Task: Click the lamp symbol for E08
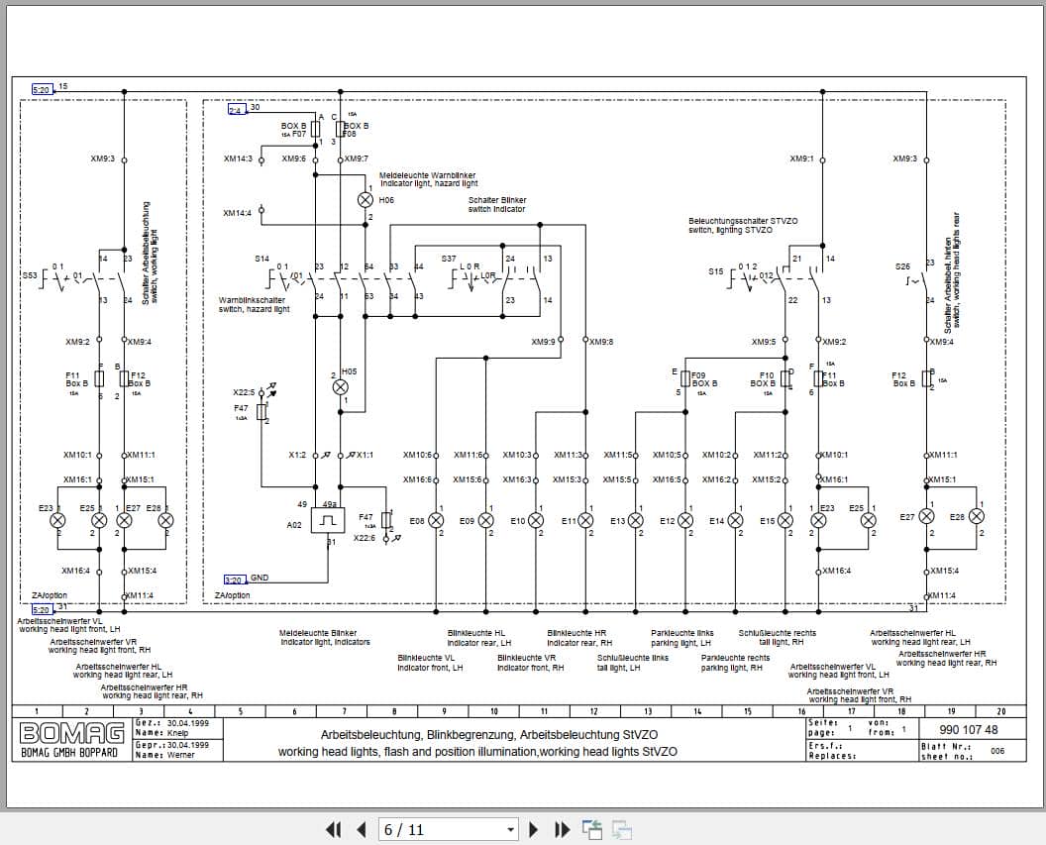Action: pyautogui.click(x=436, y=520)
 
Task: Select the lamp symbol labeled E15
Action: pyautogui.click(x=785, y=520)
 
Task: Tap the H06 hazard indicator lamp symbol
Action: pyautogui.click(x=364, y=199)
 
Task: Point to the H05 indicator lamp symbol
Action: pyautogui.click(x=340, y=387)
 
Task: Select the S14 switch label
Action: pyautogui.click(x=261, y=259)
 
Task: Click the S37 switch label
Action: pyautogui.click(x=449, y=259)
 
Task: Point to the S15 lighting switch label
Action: pyautogui.click(x=716, y=270)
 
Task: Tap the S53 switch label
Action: pyautogui.click(x=30, y=273)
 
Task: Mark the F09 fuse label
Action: pyautogui.click(x=699, y=375)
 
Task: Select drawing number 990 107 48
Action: pyautogui.click(x=968, y=730)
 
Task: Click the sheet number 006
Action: pyautogui.click(x=996, y=751)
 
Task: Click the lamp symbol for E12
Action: pyautogui.click(x=685, y=520)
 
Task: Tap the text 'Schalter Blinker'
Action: pyautogui.click(x=496, y=200)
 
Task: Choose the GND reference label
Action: pyautogui.click(x=259, y=578)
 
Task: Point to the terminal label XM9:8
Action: pyautogui.click(x=601, y=342)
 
